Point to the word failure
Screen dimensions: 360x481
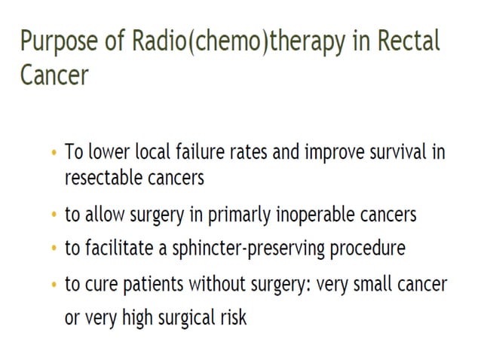(190, 152)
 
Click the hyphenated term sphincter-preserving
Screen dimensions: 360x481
(240, 248)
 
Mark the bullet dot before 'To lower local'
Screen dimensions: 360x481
(53, 154)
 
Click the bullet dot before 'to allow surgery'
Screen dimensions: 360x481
(53, 215)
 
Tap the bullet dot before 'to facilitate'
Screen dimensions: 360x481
(53, 249)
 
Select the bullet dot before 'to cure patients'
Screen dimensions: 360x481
(53, 286)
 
